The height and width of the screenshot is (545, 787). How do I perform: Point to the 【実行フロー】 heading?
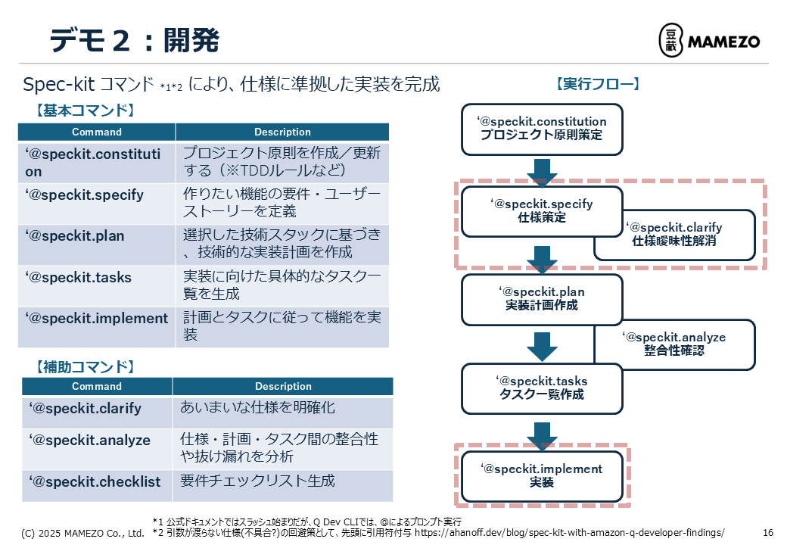(x=598, y=84)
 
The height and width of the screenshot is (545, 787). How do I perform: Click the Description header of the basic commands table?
(x=282, y=132)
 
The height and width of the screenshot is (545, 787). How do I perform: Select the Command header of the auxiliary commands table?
(x=97, y=386)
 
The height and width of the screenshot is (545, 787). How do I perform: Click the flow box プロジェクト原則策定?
(x=542, y=129)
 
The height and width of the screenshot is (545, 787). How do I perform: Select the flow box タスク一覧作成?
(x=542, y=388)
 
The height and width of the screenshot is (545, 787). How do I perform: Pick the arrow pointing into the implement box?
(x=542, y=436)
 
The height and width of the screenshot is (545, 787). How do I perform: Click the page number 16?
(x=768, y=532)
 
